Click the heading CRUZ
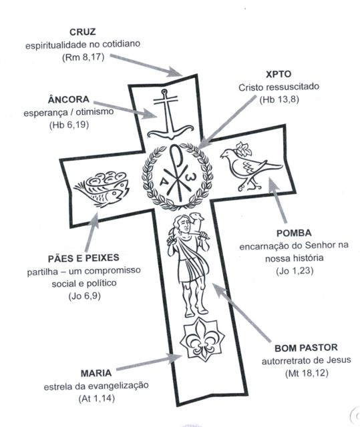(83, 32)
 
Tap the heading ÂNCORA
(68, 99)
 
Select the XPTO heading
(279, 74)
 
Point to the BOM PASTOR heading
(306, 348)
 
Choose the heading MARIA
(96, 373)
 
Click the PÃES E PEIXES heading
(83, 258)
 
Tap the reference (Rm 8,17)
(83, 57)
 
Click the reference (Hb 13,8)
(279, 99)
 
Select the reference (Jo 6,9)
(84, 296)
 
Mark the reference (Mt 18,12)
(307, 373)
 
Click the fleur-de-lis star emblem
(202, 340)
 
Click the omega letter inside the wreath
(189, 177)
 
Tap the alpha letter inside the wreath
(164, 181)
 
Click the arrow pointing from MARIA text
(149, 362)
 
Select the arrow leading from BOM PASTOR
(242, 312)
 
